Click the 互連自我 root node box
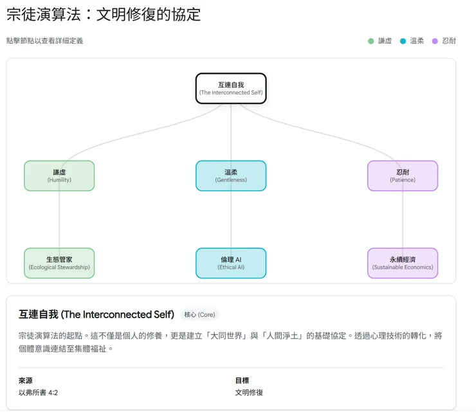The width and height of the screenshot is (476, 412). coord(231,88)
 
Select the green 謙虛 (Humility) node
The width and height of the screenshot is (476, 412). coord(59,175)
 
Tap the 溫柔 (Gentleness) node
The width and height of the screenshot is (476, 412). coord(231,175)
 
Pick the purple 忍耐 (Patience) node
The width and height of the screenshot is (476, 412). coord(403,175)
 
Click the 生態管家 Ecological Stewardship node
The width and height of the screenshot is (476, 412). coord(59,263)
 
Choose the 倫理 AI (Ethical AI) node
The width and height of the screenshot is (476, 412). coord(231,263)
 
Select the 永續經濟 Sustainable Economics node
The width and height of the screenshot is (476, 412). coord(403,263)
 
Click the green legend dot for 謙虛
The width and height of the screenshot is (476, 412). coord(371,41)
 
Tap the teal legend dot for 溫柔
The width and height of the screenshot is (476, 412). coord(403,41)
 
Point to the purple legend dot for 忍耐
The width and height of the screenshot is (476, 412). coord(435,41)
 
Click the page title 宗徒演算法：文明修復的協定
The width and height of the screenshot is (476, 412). coord(104,15)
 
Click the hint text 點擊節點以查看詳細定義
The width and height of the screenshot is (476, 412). coord(44,41)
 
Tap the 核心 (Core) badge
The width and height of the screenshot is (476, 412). coord(200,314)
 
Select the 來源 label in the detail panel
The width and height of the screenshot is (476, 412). coord(25,381)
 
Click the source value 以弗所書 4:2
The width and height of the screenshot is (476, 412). coord(42,392)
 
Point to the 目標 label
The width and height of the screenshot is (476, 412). coord(242,381)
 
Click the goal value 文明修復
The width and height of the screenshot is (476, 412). coord(249,392)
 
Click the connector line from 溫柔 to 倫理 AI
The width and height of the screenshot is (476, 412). coord(231,220)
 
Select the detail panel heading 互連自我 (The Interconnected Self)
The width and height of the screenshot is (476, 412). coord(96,314)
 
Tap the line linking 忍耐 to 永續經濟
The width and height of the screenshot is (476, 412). coord(403,220)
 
